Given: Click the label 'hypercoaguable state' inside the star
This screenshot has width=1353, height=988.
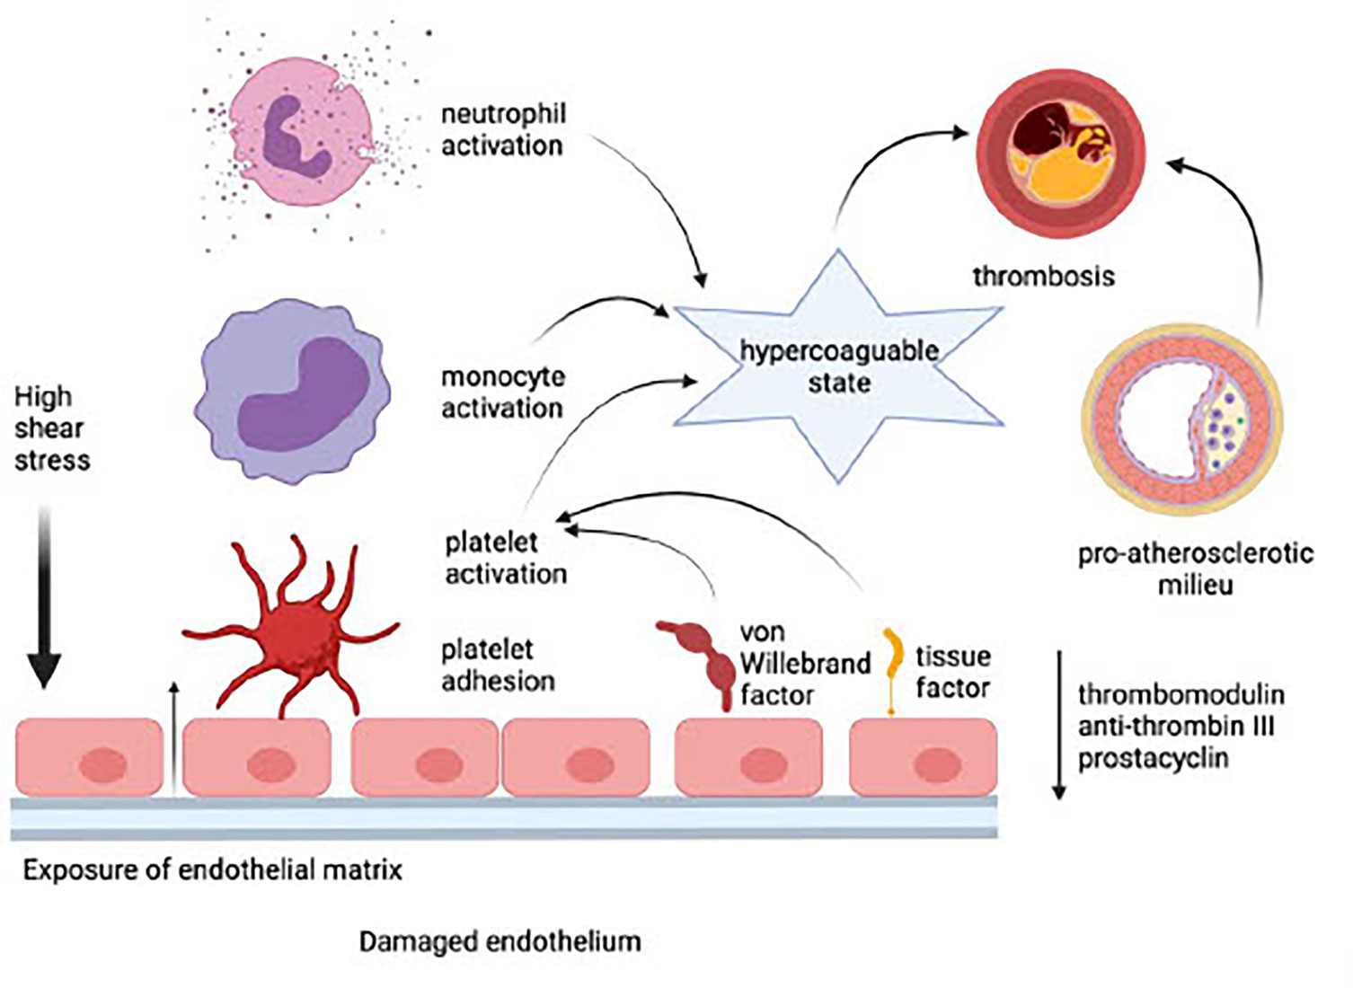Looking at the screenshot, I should point(838,366).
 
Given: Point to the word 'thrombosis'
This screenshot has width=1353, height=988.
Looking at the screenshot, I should point(1043,276).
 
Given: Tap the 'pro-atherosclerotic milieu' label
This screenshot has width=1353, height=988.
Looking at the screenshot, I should point(1195,569).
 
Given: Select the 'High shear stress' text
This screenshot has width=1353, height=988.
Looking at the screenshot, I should point(51,428).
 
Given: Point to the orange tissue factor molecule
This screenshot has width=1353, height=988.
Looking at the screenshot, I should point(892,665).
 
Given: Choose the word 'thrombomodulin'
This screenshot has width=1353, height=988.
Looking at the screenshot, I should point(1180,694).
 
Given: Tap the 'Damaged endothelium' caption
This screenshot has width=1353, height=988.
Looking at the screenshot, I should point(500,941).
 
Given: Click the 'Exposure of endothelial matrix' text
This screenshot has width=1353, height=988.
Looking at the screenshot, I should point(212,869).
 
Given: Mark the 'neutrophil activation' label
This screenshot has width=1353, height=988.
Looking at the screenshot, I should point(503,130).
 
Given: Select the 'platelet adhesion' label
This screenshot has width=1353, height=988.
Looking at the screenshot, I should point(498,665).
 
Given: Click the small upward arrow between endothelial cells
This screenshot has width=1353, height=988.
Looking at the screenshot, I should point(174,737).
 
